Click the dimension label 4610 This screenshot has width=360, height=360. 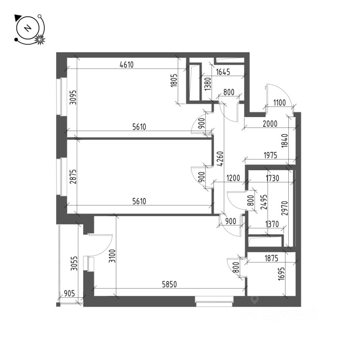[x=126, y=64]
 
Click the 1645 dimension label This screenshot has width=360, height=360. [x=222, y=72]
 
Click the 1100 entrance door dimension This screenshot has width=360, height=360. [x=279, y=102]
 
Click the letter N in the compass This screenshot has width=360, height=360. [x=27, y=28]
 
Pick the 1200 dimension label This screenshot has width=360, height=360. [x=234, y=178]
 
